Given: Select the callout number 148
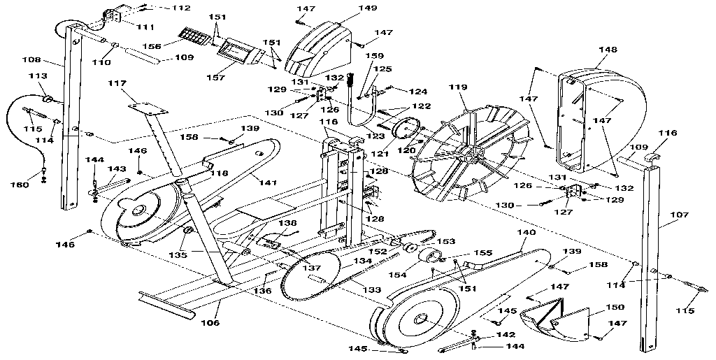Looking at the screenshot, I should tap(608, 50).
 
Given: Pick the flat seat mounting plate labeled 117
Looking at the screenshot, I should tap(148, 108).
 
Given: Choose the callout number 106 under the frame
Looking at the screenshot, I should tap(210, 323).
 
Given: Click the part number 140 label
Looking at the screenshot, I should tap(526, 232).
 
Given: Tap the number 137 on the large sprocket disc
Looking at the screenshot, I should tap(311, 267).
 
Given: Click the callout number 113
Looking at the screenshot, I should tap(37, 76).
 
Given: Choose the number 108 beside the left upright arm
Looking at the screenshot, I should tap(33, 60).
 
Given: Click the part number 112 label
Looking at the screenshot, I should tap(181, 8).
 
